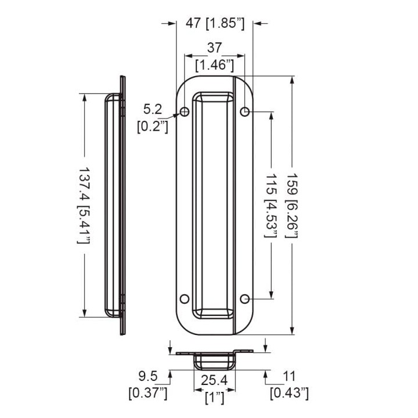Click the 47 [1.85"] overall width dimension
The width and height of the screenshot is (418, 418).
pos(215,23)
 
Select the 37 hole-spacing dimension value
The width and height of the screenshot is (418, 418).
pos(214,48)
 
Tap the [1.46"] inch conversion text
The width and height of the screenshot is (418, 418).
pos(215,65)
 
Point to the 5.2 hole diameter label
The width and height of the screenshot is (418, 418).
pos(153,109)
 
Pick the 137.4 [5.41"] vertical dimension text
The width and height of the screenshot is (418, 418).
pos(84,206)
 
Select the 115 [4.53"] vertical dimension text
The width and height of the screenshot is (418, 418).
pos(271,206)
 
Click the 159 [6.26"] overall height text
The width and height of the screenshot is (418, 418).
pos(293,206)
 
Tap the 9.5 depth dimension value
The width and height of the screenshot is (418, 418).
pos(148,376)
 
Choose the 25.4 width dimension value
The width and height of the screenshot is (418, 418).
pos(214,380)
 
